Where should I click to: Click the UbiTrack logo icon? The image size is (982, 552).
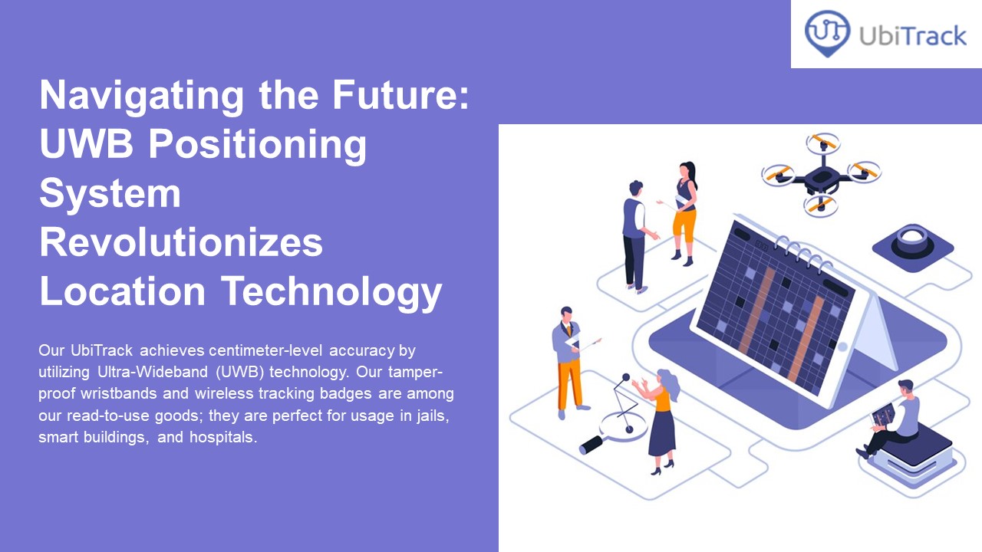827,33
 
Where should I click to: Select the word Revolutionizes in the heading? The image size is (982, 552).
181,242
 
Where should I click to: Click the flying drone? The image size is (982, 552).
821,174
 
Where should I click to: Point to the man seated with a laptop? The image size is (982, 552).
895,419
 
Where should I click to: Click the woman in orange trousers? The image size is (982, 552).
684,211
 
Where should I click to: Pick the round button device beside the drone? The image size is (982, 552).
912,242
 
